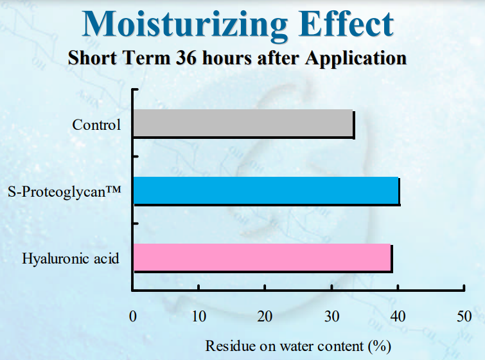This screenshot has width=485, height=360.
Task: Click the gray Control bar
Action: [x=243, y=123]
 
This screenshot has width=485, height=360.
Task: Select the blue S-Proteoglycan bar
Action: [x=266, y=190]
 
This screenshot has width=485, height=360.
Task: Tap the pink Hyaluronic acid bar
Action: [x=262, y=257]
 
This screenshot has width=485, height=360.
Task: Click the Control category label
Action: [x=96, y=125]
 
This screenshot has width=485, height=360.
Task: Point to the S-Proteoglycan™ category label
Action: [x=64, y=192]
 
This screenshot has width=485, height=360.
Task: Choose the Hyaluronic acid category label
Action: [x=70, y=258]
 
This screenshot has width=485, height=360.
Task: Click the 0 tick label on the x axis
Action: [x=133, y=316]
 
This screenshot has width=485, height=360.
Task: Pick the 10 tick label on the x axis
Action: [x=198, y=316]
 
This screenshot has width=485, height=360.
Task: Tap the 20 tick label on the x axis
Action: [x=265, y=316]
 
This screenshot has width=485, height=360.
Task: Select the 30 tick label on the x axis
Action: [x=331, y=316]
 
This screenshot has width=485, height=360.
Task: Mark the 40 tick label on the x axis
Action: [x=398, y=316]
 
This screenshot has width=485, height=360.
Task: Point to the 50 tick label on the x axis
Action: [x=464, y=316]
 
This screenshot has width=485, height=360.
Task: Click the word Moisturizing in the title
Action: [x=185, y=26]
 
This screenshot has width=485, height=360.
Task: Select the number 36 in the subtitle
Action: [x=186, y=58]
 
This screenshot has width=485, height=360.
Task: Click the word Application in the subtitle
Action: [x=356, y=59]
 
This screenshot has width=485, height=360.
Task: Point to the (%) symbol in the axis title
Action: [x=380, y=346]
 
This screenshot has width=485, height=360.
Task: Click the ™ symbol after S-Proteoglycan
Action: [x=114, y=189]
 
